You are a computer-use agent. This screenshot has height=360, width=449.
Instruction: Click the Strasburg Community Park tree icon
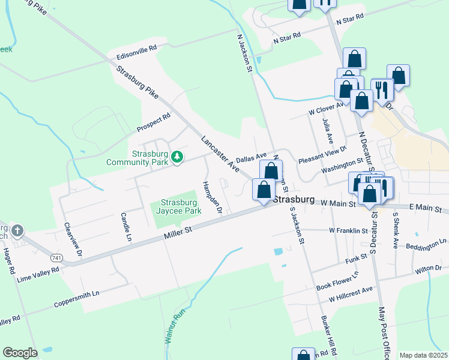point(176,157)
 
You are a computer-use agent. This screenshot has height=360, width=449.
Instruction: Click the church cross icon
point(17,230)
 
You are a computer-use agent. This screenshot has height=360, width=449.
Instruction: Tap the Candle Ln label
point(125,226)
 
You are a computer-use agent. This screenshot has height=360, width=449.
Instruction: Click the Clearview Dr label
point(72,241)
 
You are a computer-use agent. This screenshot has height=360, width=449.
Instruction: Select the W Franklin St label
point(348,230)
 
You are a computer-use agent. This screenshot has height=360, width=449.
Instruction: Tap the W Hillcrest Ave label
point(351,293)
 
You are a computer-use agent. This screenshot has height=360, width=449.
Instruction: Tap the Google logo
point(20,353)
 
